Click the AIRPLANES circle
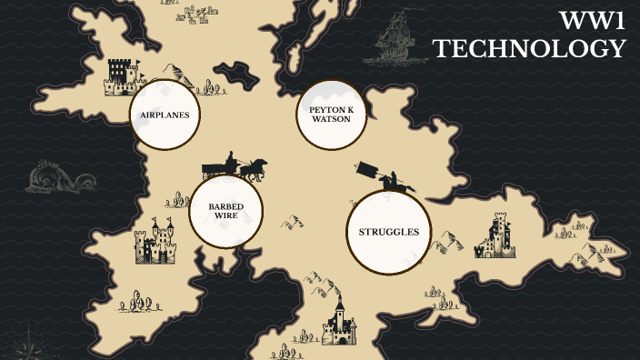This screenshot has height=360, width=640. pyautogui.click(x=165, y=115)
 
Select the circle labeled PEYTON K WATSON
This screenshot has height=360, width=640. pyautogui.click(x=331, y=115)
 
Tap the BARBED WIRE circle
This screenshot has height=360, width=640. pyautogui.click(x=225, y=212)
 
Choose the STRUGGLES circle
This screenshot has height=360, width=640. pyautogui.click(x=388, y=232)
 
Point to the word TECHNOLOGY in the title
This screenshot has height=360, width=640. pyautogui.click(x=529, y=49)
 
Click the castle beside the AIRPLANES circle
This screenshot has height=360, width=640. pyautogui.click(x=120, y=77)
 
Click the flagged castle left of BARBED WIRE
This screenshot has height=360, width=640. pyautogui.click(x=155, y=242)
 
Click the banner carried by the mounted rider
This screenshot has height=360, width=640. pyautogui.click(x=369, y=169)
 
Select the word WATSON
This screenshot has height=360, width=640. pyautogui.click(x=331, y=119)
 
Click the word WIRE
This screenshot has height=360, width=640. pyautogui.click(x=225, y=217)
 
